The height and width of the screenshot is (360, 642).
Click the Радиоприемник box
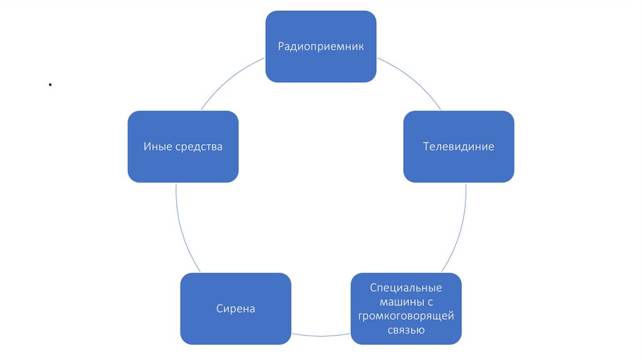(x=320, y=63)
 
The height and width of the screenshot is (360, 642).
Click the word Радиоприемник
(x=320, y=46)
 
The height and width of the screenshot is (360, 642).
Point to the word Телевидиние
(x=458, y=147)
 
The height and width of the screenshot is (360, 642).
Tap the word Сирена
(x=235, y=309)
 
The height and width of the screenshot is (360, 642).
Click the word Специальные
(x=406, y=288)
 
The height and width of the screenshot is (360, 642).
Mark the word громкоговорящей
(x=406, y=316)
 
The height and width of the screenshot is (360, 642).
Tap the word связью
(x=406, y=330)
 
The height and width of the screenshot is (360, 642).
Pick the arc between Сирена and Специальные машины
(x=320, y=333)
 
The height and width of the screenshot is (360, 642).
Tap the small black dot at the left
(x=48, y=84)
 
